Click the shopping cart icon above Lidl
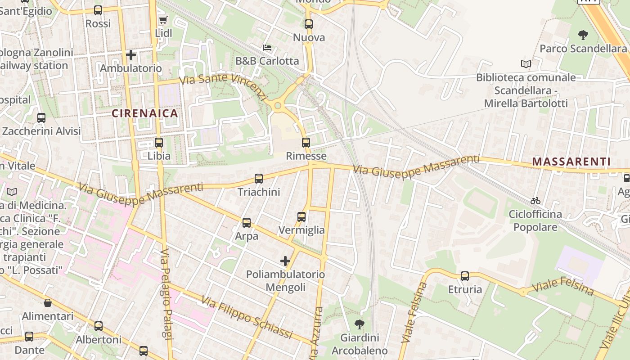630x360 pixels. click(x=163, y=20)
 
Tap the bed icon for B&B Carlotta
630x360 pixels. click(x=267, y=47)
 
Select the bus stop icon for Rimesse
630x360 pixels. click(x=306, y=143)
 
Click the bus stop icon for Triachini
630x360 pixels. click(x=259, y=179)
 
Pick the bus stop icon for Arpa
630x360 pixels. click(x=247, y=222)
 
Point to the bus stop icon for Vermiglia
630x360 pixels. click(x=301, y=217)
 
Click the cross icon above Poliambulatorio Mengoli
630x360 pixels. click(x=285, y=261)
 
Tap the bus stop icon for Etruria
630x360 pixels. click(x=465, y=276)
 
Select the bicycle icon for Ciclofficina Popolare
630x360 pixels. click(x=535, y=201)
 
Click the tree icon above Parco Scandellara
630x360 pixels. click(x=583, y=35)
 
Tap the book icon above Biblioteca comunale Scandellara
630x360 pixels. click(x=526, y=64)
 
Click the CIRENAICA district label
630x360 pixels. click(x=145, y=113)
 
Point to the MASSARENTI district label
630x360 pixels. click(x=571, y=162)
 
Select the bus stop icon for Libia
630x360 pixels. click(x=159, y=143)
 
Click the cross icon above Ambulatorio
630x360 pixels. click(x=131, y=55)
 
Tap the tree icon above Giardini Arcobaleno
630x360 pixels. click(x=359, y=324)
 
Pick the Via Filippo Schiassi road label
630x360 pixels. click(x=247, y=317)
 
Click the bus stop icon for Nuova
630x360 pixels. click(x=309, y=24)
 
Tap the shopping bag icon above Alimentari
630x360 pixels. click(x=48, y=303)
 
